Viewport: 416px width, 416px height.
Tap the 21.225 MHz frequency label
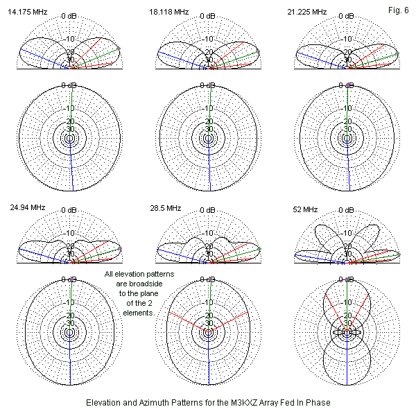click(309, 12)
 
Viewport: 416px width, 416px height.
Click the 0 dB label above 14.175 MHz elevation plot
click(70, 16)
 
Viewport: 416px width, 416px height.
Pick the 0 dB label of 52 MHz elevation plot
click(347, 210)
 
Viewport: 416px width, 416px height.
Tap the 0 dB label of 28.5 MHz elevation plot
click(209, 210)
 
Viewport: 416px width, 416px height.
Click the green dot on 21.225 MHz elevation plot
click(397, 53)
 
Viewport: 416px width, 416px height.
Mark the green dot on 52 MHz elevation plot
click(399, 255)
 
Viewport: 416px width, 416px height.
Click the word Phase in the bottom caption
click(315, 403)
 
